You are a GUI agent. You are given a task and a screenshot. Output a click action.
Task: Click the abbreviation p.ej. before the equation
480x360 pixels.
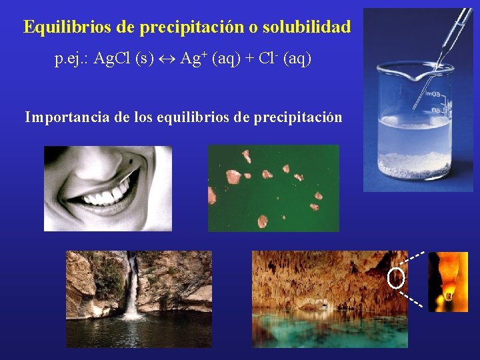pyautogui.click(x=72, y=60)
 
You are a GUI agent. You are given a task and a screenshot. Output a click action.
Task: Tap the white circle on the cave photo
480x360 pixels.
pyautogui.click(x=395, y=278)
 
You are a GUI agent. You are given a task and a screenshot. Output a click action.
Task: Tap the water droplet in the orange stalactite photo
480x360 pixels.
pyautogui.click(x=449, y=293)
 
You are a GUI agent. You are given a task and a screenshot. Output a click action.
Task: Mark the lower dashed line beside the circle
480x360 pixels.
pyautogui.click(x=413, y=297)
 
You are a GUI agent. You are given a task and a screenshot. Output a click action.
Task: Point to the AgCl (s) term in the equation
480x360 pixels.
pyautogui.click(x=125, y=59)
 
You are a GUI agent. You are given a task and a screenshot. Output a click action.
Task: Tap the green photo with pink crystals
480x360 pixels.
pyautogui.click(x=273, y=188)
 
